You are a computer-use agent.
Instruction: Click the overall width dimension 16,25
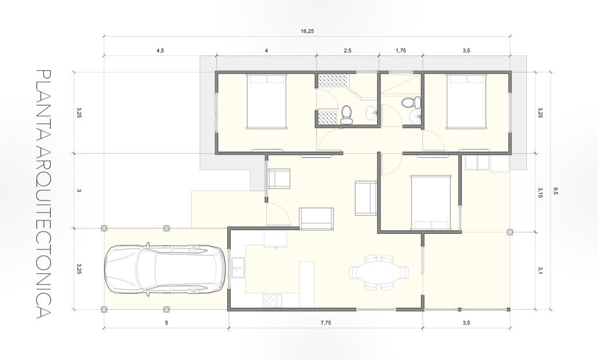(307, 32)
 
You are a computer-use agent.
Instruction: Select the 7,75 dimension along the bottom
(326, 323)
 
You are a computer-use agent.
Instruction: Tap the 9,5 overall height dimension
(555, 191)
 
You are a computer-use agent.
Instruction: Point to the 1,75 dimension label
(401, 50)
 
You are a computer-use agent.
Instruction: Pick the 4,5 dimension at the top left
(160, 50)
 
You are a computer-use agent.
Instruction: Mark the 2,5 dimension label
(347, 50)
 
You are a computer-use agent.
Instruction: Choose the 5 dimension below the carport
(166, 323)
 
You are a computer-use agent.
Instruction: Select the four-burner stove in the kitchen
(271, 300)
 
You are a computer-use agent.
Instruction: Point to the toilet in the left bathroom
(347, 115)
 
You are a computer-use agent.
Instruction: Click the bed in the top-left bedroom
(266, 101)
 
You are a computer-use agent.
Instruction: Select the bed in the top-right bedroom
(467, 101)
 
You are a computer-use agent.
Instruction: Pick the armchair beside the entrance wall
(279, 179)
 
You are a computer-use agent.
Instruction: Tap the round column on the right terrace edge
(510, 232)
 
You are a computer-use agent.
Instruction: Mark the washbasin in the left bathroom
(371, 113)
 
